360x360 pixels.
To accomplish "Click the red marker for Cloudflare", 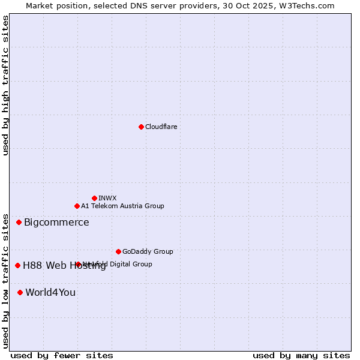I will coord(141,127).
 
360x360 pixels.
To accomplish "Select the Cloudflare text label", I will coord(161,127).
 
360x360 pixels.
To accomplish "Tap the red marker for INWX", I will coord(94,198).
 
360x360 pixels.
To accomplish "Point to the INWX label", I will coord(107,198).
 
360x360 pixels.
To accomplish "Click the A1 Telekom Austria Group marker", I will coord(77,206).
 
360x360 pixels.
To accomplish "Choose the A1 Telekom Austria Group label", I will coord(122,206).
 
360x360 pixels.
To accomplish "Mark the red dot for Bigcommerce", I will coord(19,222).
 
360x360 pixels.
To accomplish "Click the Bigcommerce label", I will coord(56,223).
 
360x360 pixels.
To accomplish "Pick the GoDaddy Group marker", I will coord(118,251).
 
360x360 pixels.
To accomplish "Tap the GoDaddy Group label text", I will coord(148,251).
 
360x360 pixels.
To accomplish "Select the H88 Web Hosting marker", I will coord(17,265).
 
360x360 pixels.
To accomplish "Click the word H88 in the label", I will coord(32,266).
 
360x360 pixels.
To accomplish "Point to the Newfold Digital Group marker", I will coord(78,264).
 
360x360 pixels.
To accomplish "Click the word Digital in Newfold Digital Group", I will coord(119,264).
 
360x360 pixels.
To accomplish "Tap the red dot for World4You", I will coord(20,292).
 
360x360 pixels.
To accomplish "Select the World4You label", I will coord(50,293).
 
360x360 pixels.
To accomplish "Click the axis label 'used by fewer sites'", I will coord(62,355).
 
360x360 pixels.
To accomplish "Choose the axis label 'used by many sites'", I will coord(301,355).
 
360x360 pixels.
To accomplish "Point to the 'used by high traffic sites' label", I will coord(5,85).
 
